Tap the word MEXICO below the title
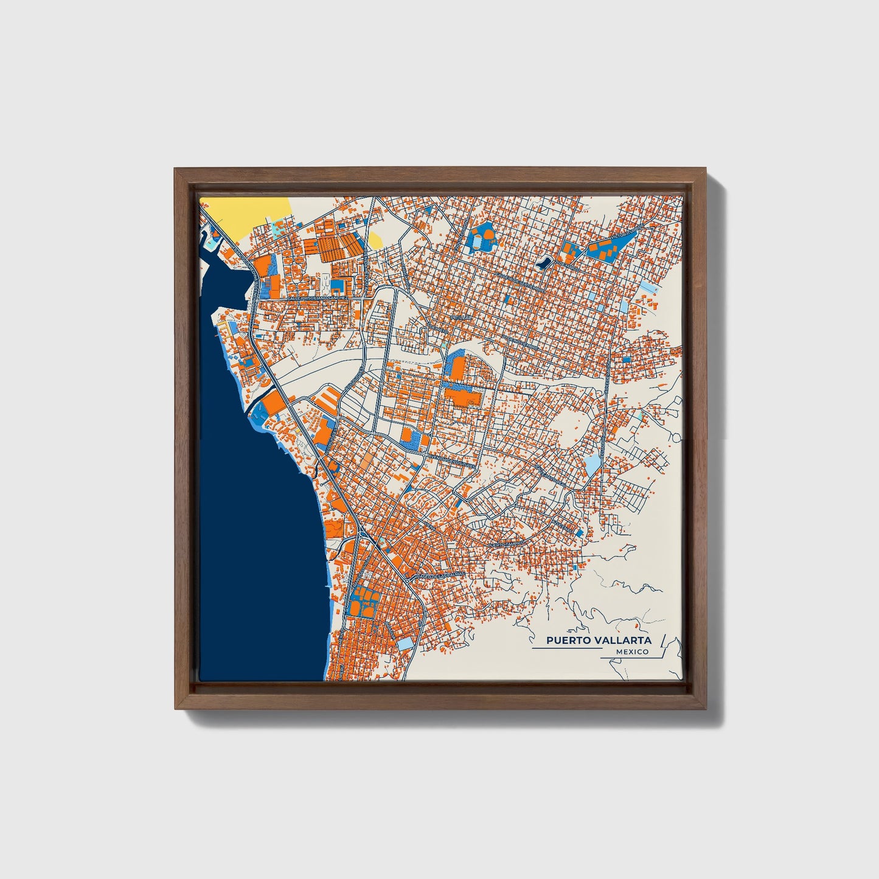pyautogui.click(x=631, y=652)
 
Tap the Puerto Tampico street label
pyautogui.click(x=506, y=545)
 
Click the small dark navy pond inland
pyautogui.click(x=543, y=263)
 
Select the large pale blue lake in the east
pyautogui.click(x=592, y=465)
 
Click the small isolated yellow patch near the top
pyautogui.click(x=375, y=240)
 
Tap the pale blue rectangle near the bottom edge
pyautogui.click(x=406, y=643)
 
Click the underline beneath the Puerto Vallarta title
pyautogui.click(x=566, y=648)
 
